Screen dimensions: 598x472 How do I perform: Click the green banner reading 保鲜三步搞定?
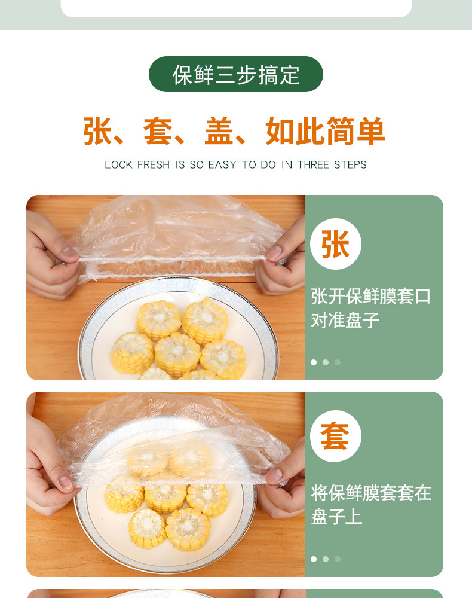point(235,74)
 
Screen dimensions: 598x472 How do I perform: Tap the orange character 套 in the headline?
point(158,132)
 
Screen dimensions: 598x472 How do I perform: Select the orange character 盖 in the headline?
point(219,132)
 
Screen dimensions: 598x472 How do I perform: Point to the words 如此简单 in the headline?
point(325,132)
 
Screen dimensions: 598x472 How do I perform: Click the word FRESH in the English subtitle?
point(154,164)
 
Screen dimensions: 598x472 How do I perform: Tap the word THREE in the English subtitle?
point(314,164)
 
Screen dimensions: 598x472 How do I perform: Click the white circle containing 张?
point(335,244)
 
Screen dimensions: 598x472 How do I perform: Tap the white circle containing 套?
point(335,436)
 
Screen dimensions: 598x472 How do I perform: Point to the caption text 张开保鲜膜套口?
point(370,296)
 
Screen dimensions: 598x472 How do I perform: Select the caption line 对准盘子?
point(345,320)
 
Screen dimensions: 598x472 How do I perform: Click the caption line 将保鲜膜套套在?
point(370,493)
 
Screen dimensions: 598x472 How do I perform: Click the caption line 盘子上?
point(336,517)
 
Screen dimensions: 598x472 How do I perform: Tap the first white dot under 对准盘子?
point(314,362)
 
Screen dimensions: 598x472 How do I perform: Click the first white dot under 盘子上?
point(314,559)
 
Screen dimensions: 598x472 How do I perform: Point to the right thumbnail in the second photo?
point(274,475)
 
